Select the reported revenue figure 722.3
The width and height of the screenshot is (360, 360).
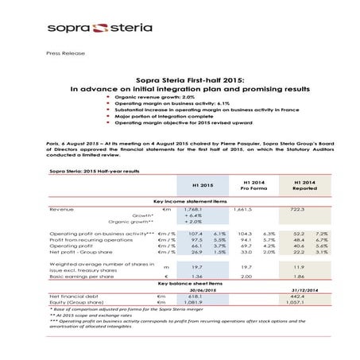pyautogui.click(x=296, y=209)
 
